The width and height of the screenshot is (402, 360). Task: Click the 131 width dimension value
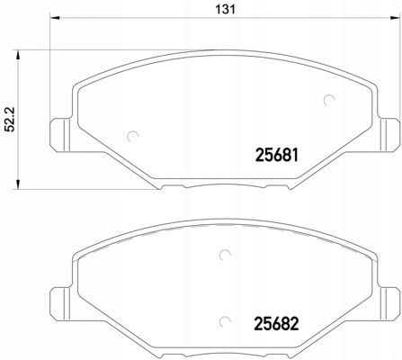point(226,9)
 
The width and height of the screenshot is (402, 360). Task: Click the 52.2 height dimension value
point(11,120)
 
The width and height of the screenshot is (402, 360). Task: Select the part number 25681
point(277,156)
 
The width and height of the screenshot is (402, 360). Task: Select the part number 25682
point(277,324)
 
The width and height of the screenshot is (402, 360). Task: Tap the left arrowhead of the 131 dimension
point(55,18)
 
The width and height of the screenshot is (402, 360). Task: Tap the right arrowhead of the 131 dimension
point(394,18)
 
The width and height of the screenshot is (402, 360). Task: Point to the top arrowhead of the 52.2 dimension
point(18,56)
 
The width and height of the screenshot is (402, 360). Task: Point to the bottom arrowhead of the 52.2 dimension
point(18,184)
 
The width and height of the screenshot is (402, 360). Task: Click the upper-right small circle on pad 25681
point(329,100)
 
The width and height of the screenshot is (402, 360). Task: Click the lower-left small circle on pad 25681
point(132,137)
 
